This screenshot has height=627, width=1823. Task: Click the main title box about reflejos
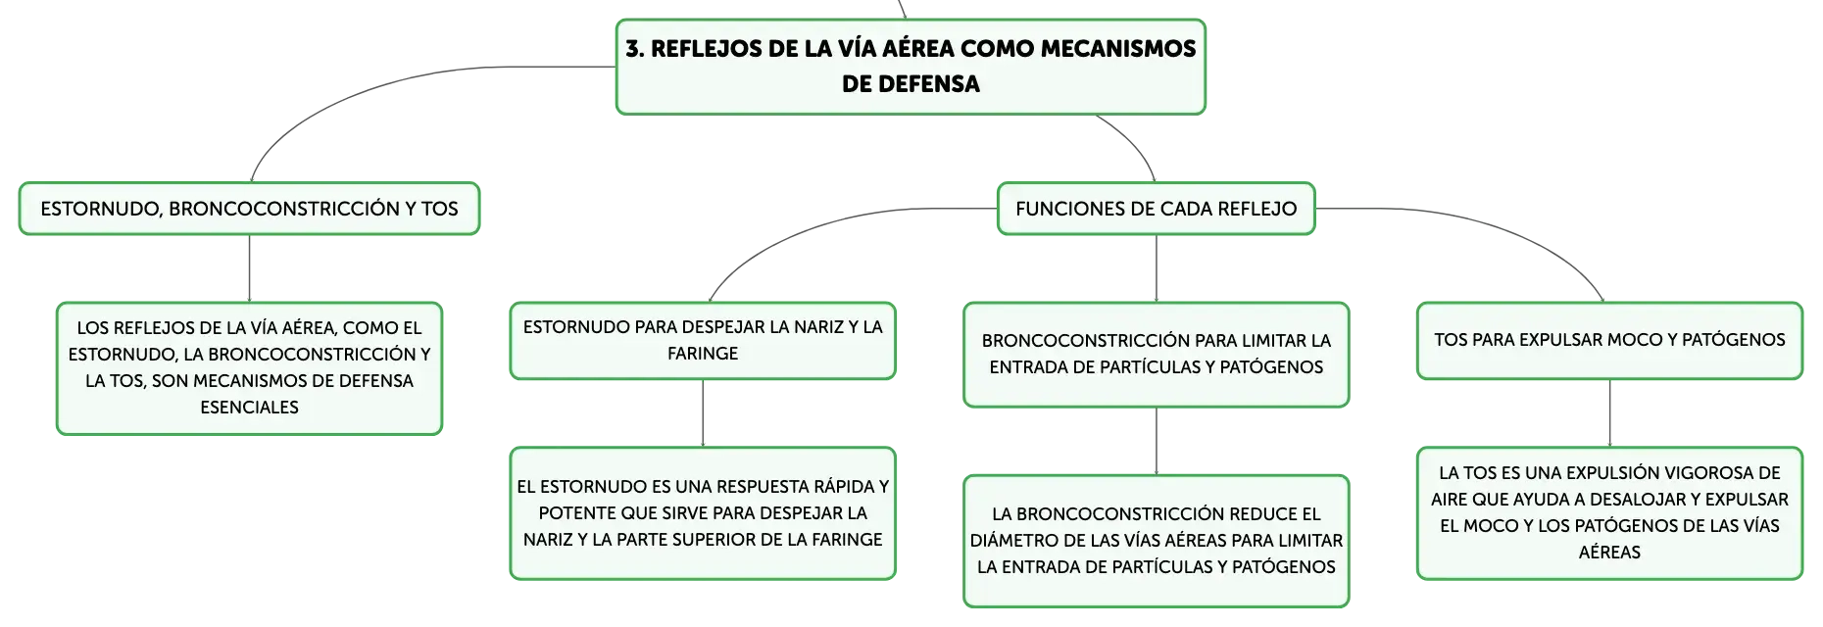(911, 67)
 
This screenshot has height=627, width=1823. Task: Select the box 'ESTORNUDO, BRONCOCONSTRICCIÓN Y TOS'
(249, 209)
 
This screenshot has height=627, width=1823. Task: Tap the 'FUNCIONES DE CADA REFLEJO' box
(1156, 209)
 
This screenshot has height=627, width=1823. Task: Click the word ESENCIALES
(249, 408)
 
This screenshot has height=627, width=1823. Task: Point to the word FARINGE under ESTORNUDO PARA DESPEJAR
(703, 354)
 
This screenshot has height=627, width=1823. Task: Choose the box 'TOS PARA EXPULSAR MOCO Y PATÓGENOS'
(1609, 341)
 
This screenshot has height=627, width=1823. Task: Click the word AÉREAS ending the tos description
(1609, 553)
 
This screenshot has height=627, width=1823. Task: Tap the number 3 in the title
(633, 49)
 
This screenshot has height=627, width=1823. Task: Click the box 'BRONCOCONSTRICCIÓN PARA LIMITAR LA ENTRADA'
(1156, 355)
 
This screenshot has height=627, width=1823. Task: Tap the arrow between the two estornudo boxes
(703, 413)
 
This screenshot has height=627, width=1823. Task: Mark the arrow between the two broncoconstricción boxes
(1157, 442)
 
